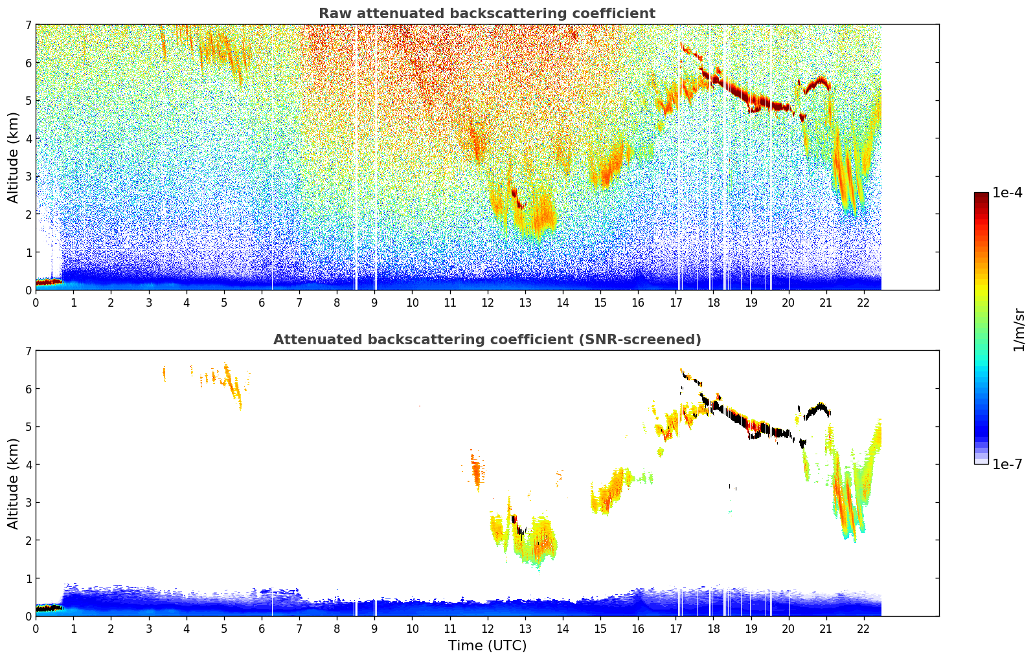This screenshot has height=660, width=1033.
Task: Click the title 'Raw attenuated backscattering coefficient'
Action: [486, 14]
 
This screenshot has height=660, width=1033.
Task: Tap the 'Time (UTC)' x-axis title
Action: [487, 646]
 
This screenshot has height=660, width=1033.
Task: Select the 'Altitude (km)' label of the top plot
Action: [14, 157]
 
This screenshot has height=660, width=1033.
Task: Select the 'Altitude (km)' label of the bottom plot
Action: [14, 483]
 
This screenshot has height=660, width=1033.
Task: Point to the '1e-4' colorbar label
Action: [1007, 193]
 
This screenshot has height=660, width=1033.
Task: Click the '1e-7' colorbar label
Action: [1007, 464]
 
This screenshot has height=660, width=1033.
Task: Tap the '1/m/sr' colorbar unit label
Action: [1019, 329]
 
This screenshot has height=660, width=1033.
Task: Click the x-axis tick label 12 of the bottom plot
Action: [487, 629]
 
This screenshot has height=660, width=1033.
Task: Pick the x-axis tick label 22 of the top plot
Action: [863, 303]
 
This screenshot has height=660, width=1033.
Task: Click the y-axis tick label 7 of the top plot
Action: [28, 25]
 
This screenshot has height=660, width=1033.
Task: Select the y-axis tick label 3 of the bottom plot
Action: [28, 503]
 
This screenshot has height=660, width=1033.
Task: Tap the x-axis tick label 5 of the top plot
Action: [224, 303]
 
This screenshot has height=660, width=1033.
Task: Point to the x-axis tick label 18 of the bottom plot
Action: [713, 629]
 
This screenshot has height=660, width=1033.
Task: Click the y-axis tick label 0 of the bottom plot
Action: [28, 616]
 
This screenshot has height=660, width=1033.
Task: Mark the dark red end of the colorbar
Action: [981, 195]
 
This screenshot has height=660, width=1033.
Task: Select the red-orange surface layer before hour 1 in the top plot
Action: [47, 282]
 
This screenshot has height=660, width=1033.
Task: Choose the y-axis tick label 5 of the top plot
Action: [28, 101]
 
